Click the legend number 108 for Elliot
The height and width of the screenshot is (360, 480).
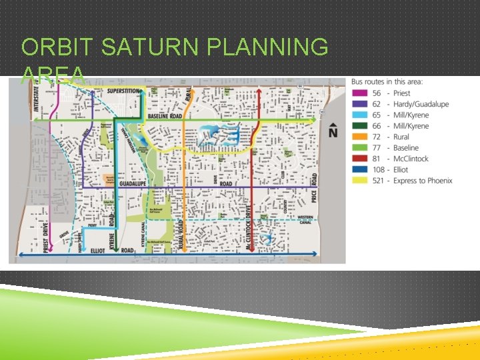(x=378, y=169)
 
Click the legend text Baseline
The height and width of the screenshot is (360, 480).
(x=405, y=148)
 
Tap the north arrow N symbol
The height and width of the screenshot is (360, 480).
(x=333, y=132)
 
